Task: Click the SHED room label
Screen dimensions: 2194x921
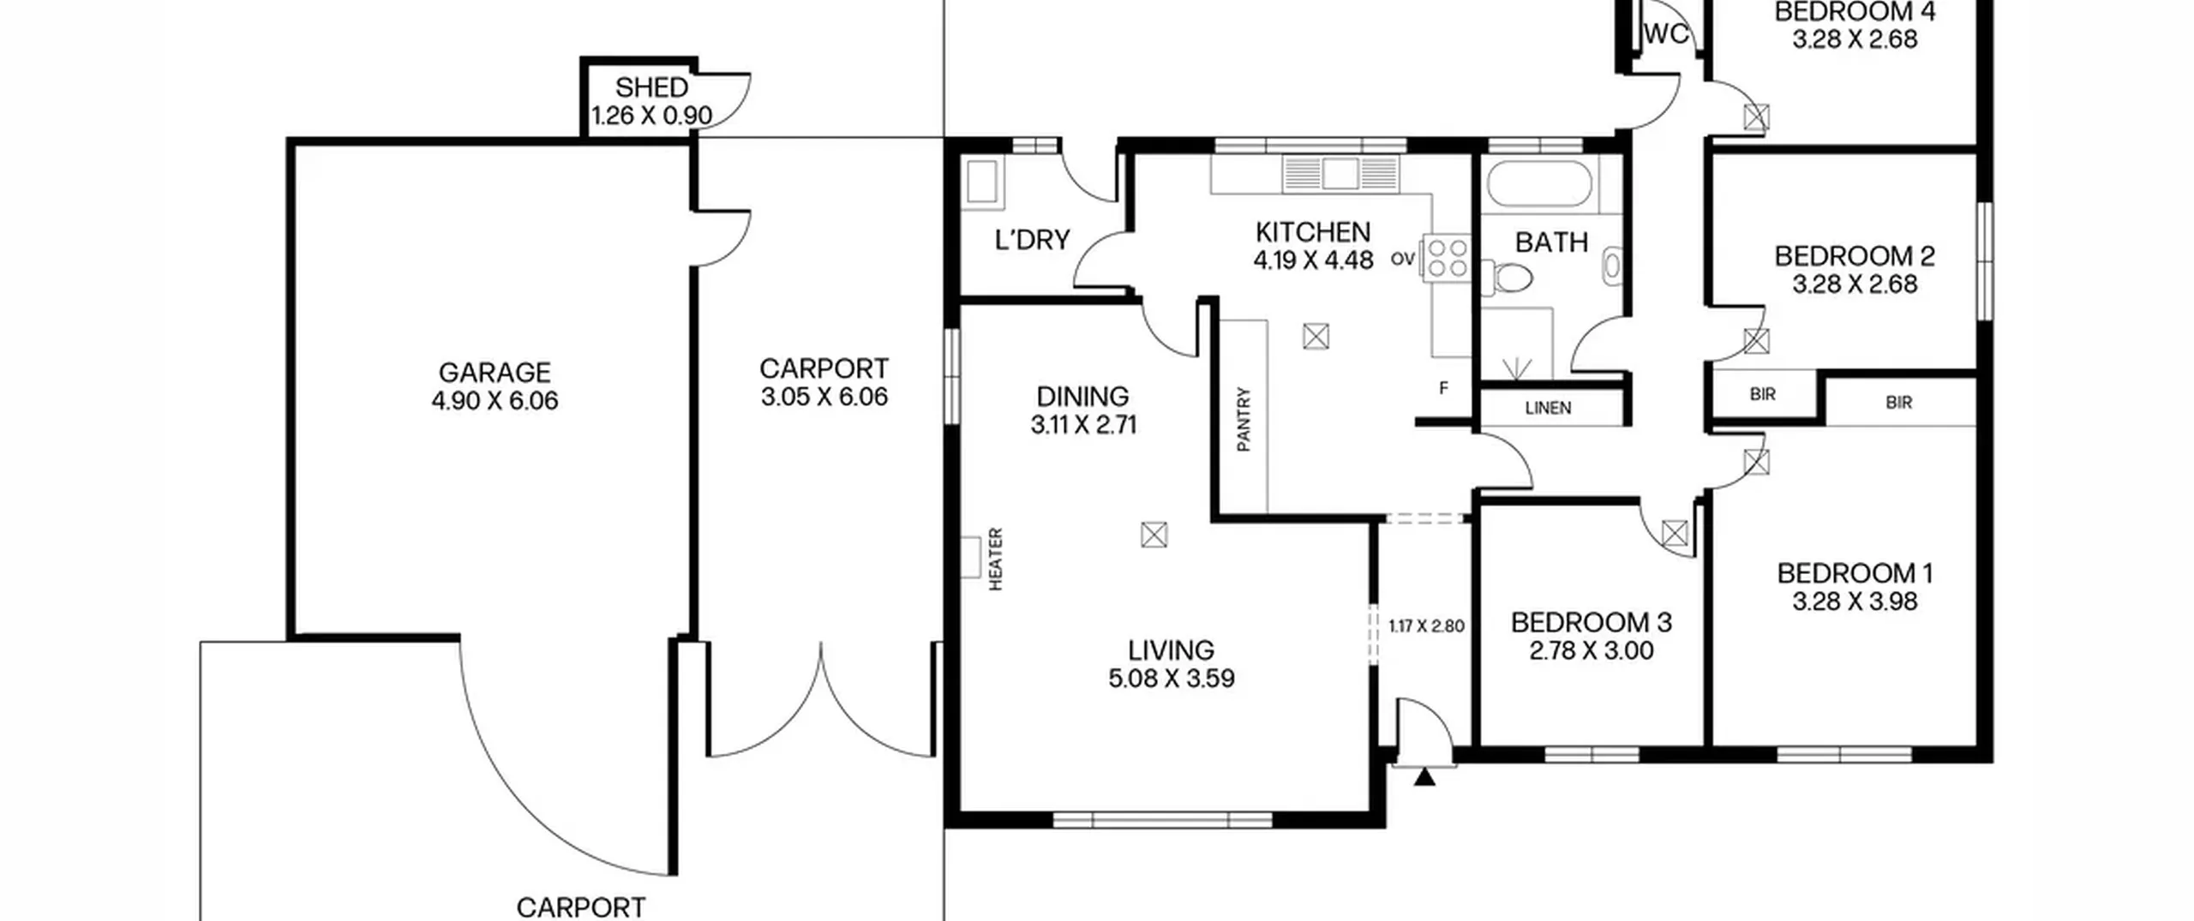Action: (651, 87)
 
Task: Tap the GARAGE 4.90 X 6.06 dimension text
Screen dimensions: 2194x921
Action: (495, 401)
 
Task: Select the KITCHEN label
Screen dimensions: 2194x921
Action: (1313, 232)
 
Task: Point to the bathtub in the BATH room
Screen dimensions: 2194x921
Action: (1539, 183)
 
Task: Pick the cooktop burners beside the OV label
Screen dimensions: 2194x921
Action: (1447, 258)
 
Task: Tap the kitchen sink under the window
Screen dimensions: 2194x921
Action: (1340, 173)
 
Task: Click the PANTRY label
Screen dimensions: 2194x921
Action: (1244, 419)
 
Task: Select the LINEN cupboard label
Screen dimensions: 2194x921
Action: (1548, 408)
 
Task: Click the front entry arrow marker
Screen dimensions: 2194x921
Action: (1424, 777)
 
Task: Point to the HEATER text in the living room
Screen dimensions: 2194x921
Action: (996, 559)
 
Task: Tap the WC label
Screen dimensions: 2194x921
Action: (1666, 33)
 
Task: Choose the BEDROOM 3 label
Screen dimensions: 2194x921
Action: (1591, 623)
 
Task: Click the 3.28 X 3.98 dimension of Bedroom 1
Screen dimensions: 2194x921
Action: (1855, 601)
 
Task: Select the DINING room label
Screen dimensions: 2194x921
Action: (1082, 397)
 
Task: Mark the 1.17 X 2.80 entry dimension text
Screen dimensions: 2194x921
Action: (1426, 626)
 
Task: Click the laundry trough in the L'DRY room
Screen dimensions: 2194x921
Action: (982, 183)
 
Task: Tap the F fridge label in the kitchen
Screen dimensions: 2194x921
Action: (1443, 388)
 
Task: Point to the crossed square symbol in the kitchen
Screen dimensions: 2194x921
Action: (1316, 337)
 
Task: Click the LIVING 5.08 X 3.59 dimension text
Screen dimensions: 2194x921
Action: (1171, 679)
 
